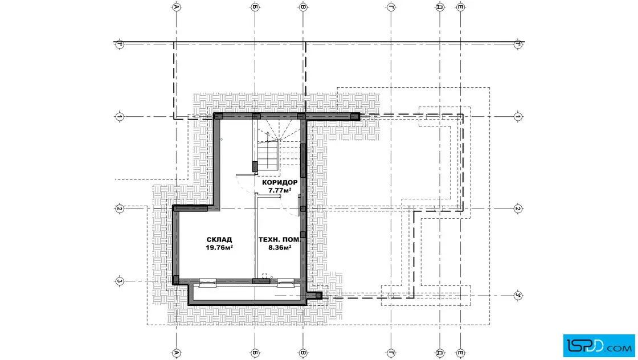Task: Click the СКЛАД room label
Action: [x=219, y=240]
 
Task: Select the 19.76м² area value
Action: [x=219, y=247]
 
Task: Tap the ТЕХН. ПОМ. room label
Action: [x=280, y=240]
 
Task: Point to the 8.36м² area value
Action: [x=280, y=247]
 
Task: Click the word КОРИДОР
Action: [x=280, y=183]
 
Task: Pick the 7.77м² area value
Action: [x=280, y=190]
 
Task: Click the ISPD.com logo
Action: [x=599, y=346]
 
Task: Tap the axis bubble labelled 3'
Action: [x=518, y=296]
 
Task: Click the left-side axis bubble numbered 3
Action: [x=119, y=281]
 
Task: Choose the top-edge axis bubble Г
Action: [x=391, y=7]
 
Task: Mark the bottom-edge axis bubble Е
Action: [x=461, y=353]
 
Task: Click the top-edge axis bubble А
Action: [x=176, y=7]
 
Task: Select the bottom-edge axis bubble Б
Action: [x=255, y=353]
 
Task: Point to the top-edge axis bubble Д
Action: [x=440, y=7]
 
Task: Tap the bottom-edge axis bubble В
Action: [x=302, y=353]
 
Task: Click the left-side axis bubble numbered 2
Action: [x=119, y=208]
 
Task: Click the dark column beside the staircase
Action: [x=255, y=166]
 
